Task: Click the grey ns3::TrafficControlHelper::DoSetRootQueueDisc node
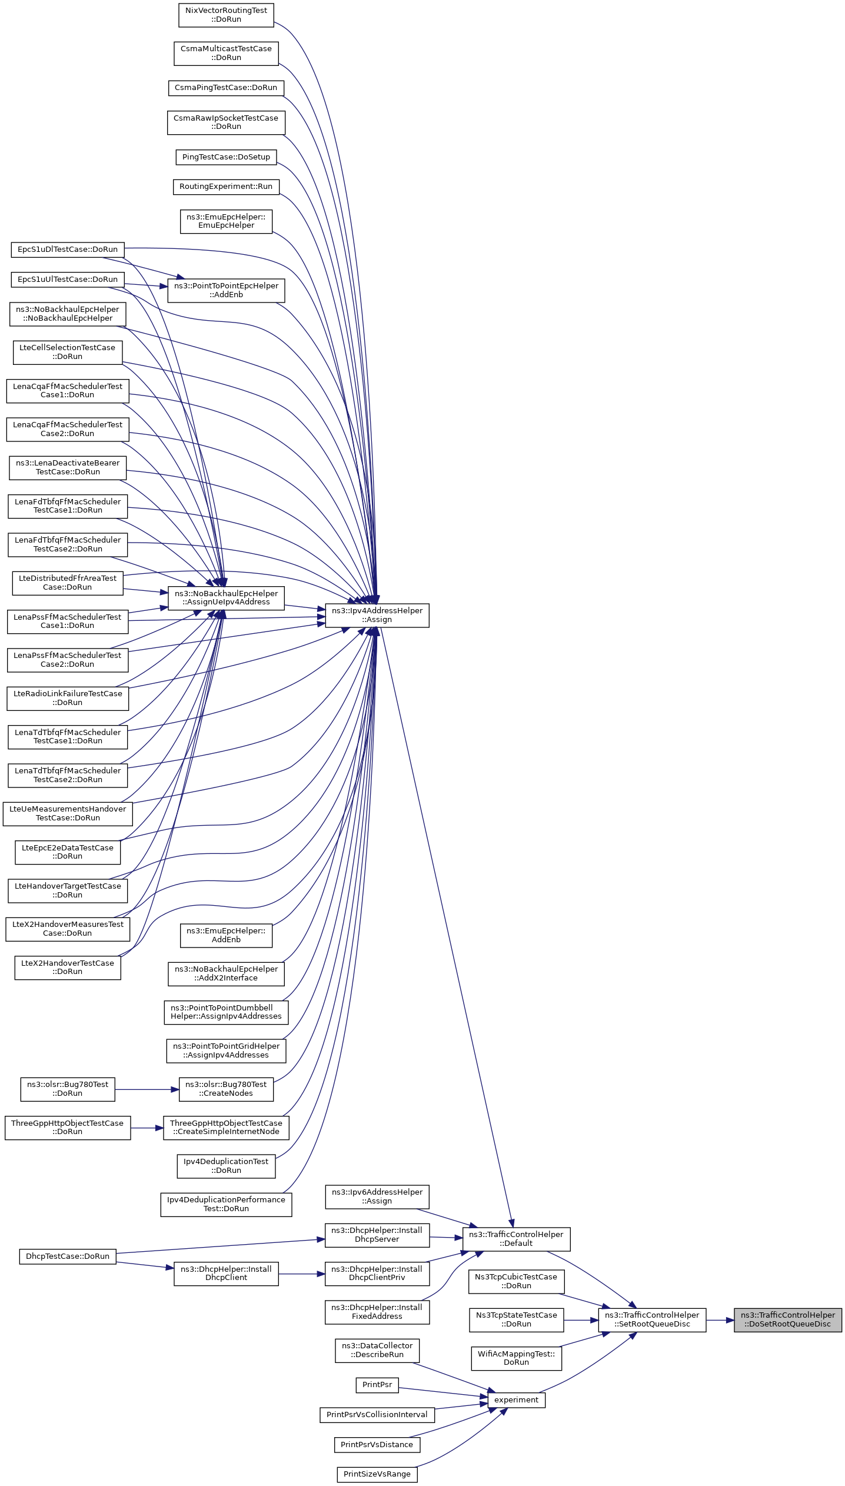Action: (x=787, y=1319)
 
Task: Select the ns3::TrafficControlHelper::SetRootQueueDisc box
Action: (x=652, y=1319)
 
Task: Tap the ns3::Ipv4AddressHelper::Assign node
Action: (x=377, y=615)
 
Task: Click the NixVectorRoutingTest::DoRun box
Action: (x=226, y=15)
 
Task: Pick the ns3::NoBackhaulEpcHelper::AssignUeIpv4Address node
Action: (x=226, y=597)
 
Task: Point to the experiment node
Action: (x=516, y=1399)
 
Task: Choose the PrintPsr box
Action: (x=377, y=1385)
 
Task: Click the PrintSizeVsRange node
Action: (x=377, y=1474)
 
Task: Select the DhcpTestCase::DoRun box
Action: (x=68, y=1256)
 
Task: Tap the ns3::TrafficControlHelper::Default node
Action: (x=516, y=1238)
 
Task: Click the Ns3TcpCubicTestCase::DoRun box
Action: (x=516, y=1281)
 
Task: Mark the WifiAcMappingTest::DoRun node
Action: (x=516, y=1358)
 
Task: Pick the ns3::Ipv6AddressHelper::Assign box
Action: (x=377, y=1196)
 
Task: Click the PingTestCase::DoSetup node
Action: (x=226, y=157)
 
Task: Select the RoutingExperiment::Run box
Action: (x=226, y=187)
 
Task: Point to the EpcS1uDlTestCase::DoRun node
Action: (x=68, y=250)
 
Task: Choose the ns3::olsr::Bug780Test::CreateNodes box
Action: (x=226, y=1089)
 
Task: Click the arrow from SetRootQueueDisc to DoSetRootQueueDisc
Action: (x=720, y=1320)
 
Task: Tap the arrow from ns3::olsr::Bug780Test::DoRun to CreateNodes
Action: (x=147, y=1089)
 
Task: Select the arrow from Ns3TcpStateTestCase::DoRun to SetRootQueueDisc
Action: (x=581, y=1320)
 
